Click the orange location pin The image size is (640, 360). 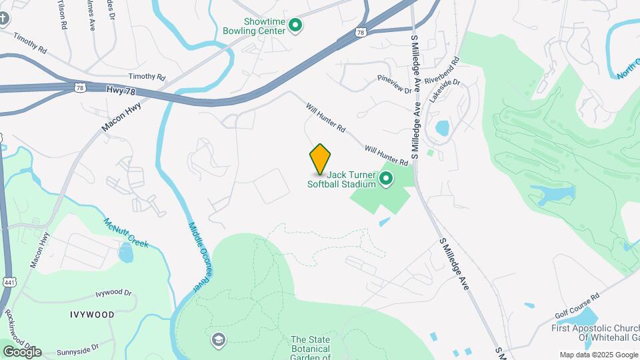(321, 159)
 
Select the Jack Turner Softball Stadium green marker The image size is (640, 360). (385, 178)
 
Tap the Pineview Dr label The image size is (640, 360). (395, 84)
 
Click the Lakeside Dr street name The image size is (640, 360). (445, 91)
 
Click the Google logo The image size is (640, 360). (21, 351)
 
